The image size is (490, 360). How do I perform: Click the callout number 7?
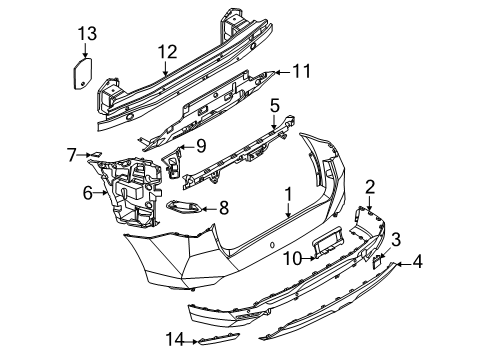[x=72, y=154]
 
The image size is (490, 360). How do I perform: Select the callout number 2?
[x=369, y=186]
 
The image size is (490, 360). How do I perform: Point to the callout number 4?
[x=418, y=264]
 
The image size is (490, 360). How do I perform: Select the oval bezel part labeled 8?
[x=182, y=209]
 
